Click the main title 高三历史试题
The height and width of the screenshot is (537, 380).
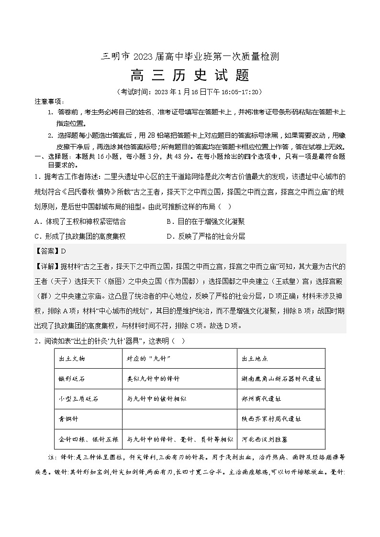tap(190, 76)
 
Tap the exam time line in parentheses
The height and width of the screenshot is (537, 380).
tap(190, 92)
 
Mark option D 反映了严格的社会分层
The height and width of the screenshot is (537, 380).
tap(205, 236)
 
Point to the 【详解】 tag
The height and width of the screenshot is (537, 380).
tap(45, 266)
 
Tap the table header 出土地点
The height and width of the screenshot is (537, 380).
tap(255, 359)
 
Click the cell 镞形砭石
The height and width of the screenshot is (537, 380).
tap(71, 378)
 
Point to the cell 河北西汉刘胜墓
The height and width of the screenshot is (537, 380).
tap(265, 438)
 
